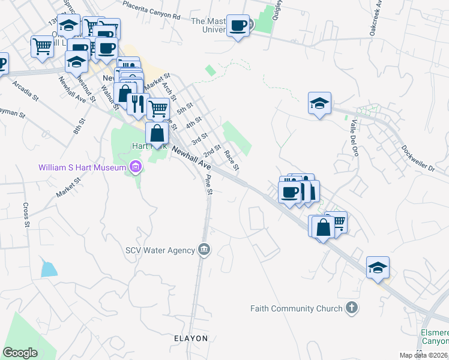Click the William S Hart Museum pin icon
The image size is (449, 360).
click(x=135, y=167)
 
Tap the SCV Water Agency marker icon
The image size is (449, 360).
click(x=204, y=250)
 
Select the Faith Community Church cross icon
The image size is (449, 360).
click(x=352, y=308)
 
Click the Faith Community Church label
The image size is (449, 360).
click(x=291, y=308)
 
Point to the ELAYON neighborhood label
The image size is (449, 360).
click(x=191, y=338)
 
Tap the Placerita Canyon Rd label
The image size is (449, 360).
click(x=151, y=10)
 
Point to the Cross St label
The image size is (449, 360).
click(x=26, y=215)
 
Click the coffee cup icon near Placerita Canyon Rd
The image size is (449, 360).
click(x=238, y=25)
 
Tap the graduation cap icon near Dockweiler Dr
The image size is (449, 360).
click(x=320, y=103)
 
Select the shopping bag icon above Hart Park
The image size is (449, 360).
click(x=157, y=133)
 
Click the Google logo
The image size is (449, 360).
click(x=20, y=353)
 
